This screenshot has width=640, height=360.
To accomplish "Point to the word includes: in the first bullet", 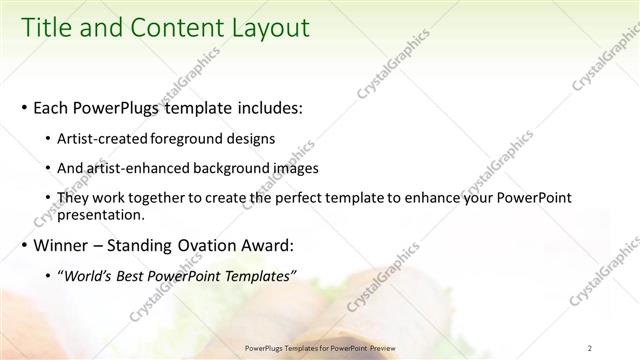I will coord(264,107).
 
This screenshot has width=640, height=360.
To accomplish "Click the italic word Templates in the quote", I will coord(260,276).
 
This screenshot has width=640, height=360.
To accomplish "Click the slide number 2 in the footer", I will coord(590,348).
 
